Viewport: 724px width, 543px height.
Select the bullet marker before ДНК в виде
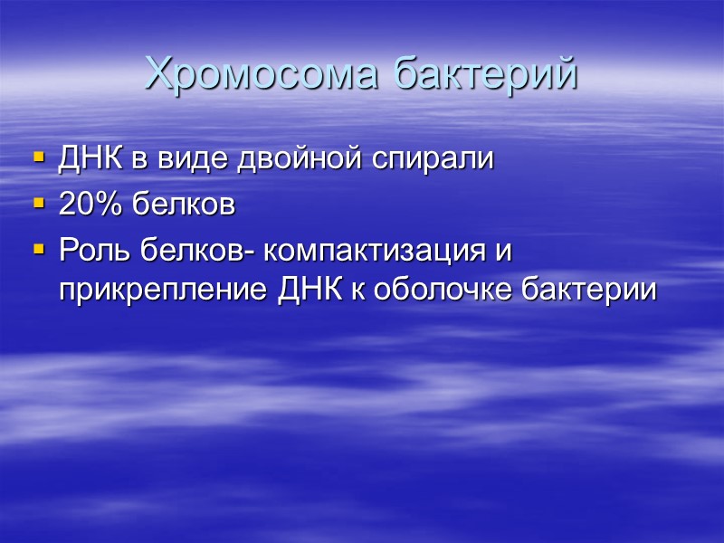(38, 157)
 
